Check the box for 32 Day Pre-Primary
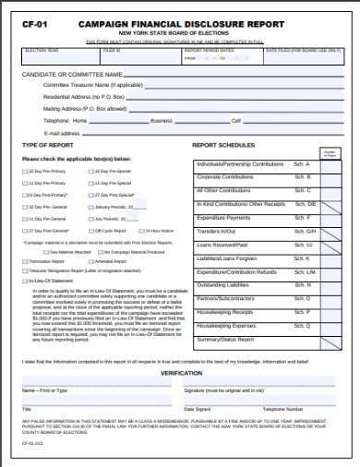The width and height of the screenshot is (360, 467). [25, 171]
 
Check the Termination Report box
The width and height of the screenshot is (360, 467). [25, 261]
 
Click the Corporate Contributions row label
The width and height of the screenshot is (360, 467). [225, 175]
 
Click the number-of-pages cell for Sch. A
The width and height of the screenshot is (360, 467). [330, 163]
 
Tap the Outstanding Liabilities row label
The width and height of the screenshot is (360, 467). [223, 285]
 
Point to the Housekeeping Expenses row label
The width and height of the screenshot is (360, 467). [225, 326]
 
